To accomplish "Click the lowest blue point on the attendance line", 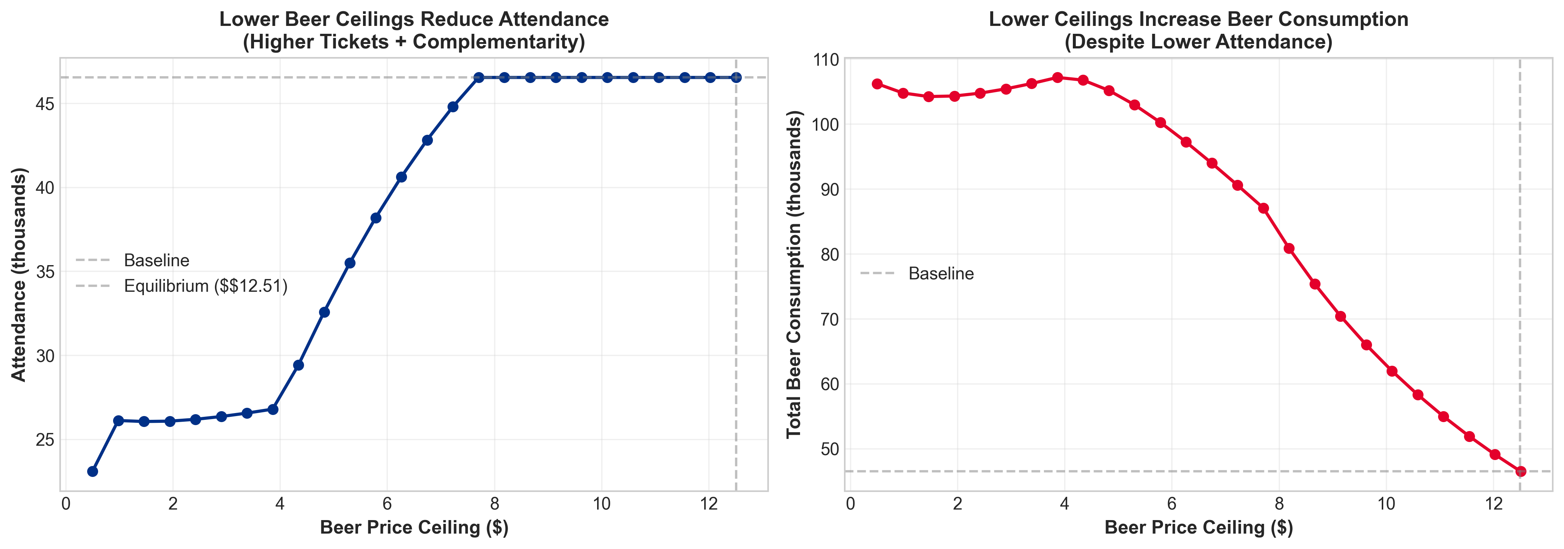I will tap(92, 471).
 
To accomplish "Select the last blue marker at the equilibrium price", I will tap(736, 78).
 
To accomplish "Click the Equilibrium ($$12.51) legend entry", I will tap(205, 286).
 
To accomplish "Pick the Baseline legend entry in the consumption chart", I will tap(941, 274).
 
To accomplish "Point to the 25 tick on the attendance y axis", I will tap(45, 440).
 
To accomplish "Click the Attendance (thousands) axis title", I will tap(20, 274).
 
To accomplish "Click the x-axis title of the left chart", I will tap(414, 528).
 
